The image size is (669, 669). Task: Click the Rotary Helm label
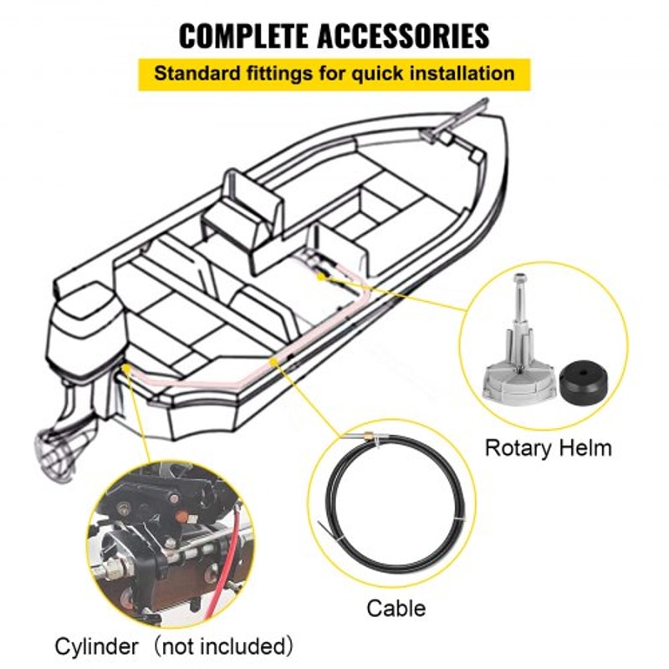pyautogui.click(x=548, y=447)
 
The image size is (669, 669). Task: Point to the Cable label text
pyautogui.click(x=396, y=608)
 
